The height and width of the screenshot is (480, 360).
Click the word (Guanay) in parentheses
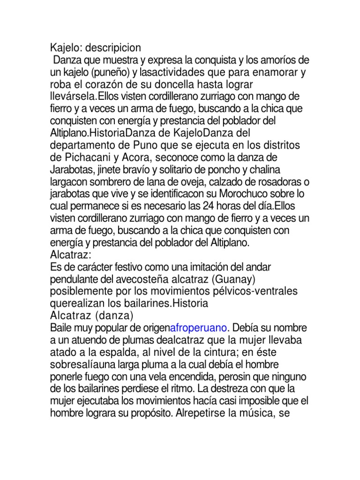(228, 279)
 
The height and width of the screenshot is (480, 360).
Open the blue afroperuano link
(200, 328)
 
